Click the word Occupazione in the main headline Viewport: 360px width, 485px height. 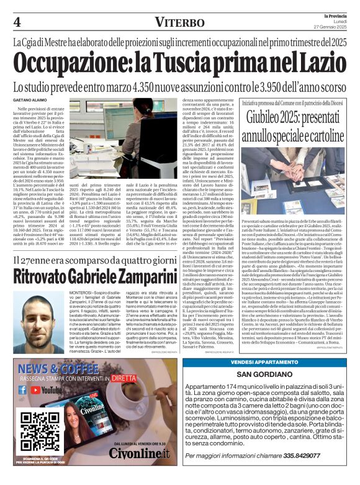pos(78,64)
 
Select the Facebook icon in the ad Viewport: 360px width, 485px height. pos(22,390)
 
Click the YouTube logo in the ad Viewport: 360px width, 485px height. pos(49,390)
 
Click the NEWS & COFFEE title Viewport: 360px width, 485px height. pos(59,367)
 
